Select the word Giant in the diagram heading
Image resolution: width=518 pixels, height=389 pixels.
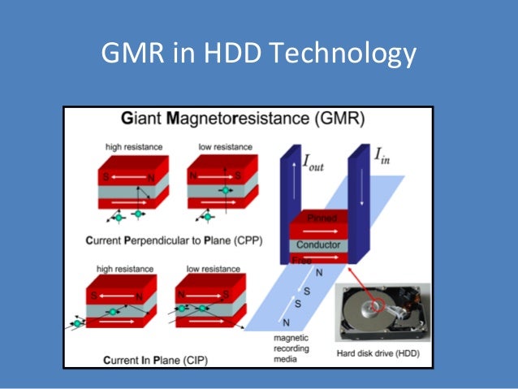143,119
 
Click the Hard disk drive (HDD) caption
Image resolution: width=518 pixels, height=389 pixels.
383,353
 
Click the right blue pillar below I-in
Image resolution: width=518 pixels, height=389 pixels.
358,203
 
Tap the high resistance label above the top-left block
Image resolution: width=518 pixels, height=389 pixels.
133,146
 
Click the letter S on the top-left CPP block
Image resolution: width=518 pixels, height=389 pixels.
104,174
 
